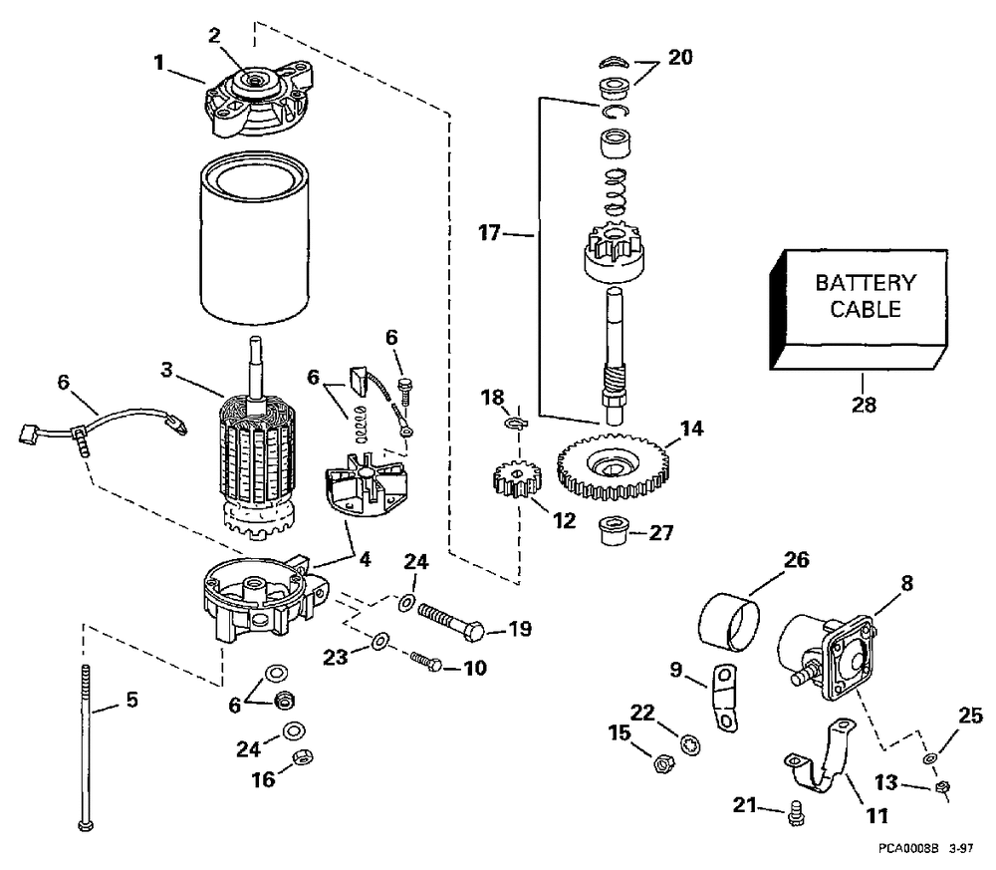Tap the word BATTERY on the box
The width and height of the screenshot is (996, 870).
pyautogui.click(x=864, y=283)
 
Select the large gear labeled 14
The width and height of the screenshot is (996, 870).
pyautogui.click(x=612, y=464)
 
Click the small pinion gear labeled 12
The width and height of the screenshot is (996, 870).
pyautogui.click(x=515, y=481)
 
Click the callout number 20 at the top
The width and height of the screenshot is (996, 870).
pyautogui.click(x=680, y=58)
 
